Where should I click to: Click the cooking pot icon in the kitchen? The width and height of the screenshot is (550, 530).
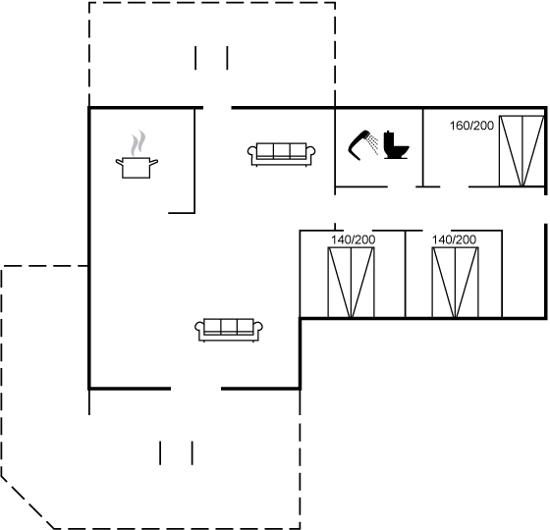[137, 168]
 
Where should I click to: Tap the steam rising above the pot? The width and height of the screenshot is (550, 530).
[137, 143]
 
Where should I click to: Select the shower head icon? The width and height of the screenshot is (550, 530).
[363, 145]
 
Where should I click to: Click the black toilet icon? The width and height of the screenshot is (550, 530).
[396, 145]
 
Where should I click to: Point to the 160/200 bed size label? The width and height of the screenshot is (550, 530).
[471, 126]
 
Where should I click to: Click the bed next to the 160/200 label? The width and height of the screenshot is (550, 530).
[522, 151]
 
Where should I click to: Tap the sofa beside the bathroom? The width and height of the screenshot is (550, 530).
[281, 154]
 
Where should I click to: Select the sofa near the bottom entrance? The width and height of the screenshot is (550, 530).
[229, 330]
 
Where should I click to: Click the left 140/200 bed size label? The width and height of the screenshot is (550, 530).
[354, 239]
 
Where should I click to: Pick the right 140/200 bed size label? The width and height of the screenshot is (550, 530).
[454, 239]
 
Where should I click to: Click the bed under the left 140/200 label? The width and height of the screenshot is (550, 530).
[352, 283]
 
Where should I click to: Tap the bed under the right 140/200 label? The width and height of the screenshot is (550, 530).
[456, 283]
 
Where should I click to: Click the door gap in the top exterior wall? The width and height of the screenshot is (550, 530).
[217, 108]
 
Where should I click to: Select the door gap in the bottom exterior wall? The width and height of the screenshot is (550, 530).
[195, 389]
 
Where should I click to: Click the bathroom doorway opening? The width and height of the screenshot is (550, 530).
[402, 186]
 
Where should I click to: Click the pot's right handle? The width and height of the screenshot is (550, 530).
[153, 162]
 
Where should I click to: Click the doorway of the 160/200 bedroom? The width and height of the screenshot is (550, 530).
[454, 186]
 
